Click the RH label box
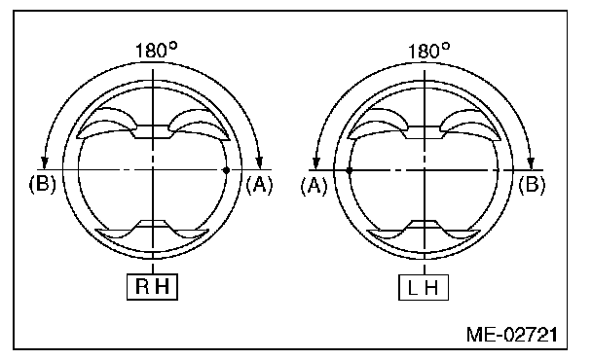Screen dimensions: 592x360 pos(152,287)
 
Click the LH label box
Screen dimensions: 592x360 pos(424,287)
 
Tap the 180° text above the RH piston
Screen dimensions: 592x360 pos(156,51)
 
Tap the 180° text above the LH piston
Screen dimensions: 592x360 pos(428,51)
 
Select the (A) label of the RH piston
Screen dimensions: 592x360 pos(259,185)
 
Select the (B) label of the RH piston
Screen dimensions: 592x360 pos(42,185)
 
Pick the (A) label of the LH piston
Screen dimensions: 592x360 pos(314,186)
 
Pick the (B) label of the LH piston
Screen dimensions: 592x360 pos(532,185)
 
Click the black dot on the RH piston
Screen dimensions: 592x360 pos(226,170)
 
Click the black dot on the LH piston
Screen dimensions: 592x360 pos(350,170)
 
